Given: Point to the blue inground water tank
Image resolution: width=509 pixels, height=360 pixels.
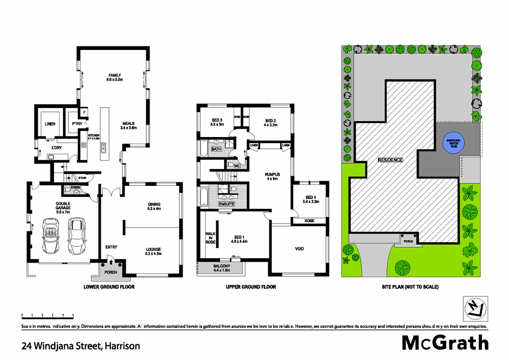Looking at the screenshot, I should tap(451, 144).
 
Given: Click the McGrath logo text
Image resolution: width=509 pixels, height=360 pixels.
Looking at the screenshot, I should tap(445, 342).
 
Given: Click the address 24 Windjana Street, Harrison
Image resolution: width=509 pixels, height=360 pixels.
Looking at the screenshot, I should tap(80, 346).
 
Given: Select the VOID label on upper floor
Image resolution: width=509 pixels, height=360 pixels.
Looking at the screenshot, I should tap(299, 248).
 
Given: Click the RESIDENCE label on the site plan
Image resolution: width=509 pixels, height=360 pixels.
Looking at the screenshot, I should tap(390, 160).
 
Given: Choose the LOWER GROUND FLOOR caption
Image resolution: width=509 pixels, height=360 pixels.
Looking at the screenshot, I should tap(109, 287).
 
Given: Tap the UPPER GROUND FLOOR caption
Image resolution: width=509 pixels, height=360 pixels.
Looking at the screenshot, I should tap(251, 287).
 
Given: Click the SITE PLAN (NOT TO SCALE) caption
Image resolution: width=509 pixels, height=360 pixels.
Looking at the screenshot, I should tap(410, 287).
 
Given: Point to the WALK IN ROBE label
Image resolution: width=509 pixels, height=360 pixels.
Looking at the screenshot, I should tap(210, 238).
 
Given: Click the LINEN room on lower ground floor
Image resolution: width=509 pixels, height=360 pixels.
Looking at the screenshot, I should tap(50, 124).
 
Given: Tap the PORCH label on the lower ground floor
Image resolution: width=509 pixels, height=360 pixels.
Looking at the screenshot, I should tap(110, 272).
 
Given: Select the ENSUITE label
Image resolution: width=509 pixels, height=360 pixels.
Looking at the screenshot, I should tap(226, 204).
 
